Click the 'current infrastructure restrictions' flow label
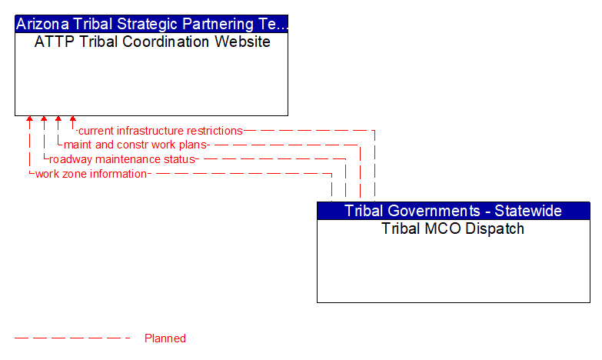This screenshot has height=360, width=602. tap(161, 131)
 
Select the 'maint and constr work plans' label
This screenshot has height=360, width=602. tap(136, 145)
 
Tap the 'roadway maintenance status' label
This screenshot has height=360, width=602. tap(124, 159)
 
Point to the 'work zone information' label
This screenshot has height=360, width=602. tap(91, 174)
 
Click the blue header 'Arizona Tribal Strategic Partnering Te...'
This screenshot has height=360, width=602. tap(151, 23)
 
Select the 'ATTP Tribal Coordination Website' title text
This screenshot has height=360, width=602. tap(152, 42)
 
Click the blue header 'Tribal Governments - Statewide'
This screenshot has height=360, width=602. tap(453, 211)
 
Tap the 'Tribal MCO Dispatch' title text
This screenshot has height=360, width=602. tap(453, 228)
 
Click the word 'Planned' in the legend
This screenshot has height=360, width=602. tap(165, 338)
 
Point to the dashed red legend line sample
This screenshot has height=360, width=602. tap(73, 338)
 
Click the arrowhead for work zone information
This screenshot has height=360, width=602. tap(29, 120)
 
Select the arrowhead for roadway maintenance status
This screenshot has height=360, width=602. tap(44, 120)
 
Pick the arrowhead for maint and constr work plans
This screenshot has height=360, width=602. tap(58, 120)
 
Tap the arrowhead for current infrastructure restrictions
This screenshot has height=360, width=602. tap(73, 120)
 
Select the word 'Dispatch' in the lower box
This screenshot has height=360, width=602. tap(496, 228)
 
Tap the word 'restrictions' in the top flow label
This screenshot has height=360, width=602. tap(214, 131)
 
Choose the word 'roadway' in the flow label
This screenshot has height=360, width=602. tap(71, 159)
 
